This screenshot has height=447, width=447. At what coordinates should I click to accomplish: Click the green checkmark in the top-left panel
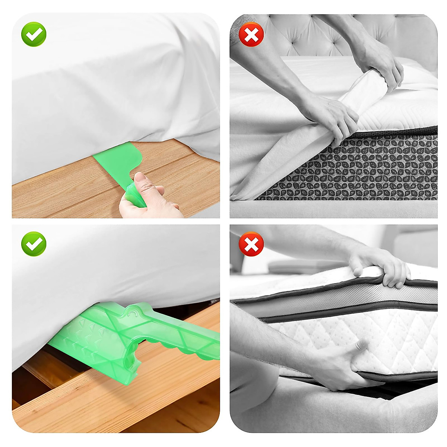tap(34, 34)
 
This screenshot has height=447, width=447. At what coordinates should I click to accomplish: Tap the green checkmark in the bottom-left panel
tap(34, 244)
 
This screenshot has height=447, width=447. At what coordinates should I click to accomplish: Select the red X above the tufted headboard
tap(251, 34)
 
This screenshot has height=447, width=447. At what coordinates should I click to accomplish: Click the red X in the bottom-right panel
tap(251, 244)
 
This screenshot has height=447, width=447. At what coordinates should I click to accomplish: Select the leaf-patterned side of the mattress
tap(358, 168)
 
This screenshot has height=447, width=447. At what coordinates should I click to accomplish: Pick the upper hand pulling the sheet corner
tap(376, 63)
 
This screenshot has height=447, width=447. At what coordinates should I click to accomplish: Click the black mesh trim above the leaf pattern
tap(391, 132)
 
